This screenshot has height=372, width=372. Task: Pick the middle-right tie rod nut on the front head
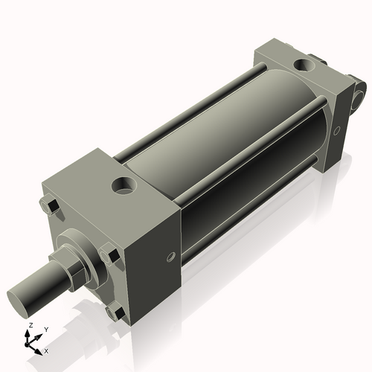click(x=113, y=257)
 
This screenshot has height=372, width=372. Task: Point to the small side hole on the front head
click(x=171, y=257)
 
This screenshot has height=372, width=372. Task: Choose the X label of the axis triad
click(x=47, y=350)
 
